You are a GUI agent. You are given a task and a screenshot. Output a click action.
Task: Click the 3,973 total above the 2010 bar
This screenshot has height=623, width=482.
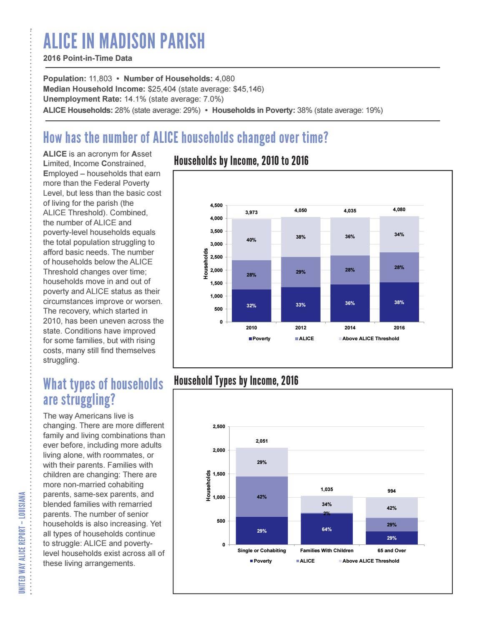251,212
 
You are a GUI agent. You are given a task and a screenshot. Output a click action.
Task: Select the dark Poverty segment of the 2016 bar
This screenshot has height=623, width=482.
399,302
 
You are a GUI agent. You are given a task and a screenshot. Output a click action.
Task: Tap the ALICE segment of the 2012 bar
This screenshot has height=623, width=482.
301,272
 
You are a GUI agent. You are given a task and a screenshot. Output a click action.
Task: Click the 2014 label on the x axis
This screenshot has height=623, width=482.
350,328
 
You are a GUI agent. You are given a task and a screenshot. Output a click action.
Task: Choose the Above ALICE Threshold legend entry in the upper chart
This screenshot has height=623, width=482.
369,339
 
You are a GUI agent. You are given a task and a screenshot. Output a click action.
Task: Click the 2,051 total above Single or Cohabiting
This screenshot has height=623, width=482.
261,441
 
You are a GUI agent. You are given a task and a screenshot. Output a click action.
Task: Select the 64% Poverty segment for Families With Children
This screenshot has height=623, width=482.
327,529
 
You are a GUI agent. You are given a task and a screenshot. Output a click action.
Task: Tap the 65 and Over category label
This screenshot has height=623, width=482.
392,551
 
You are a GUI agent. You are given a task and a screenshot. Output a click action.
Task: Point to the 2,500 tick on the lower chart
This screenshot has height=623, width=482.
219,426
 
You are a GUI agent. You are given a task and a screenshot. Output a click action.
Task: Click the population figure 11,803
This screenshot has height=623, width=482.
100,79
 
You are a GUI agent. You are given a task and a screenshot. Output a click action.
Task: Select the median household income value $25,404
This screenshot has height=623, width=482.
162,89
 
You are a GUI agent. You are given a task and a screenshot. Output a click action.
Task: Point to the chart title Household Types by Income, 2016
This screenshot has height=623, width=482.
236,381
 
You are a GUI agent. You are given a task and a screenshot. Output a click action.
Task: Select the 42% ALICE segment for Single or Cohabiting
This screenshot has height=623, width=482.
261,496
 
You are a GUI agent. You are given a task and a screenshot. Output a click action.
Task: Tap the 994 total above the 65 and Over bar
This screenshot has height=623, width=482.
392,491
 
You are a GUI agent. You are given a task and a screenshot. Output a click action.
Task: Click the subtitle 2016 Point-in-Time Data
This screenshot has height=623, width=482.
88,58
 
